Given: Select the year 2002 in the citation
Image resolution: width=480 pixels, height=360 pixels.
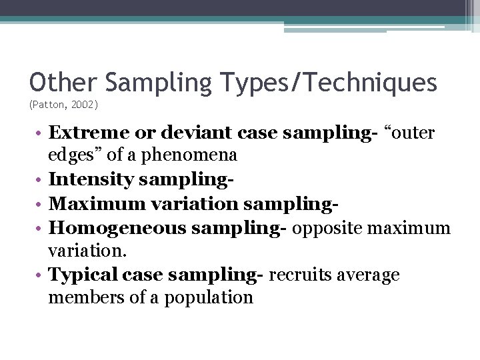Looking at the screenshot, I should (84, 105).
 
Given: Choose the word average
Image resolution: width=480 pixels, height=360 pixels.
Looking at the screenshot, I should (367, 275).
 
